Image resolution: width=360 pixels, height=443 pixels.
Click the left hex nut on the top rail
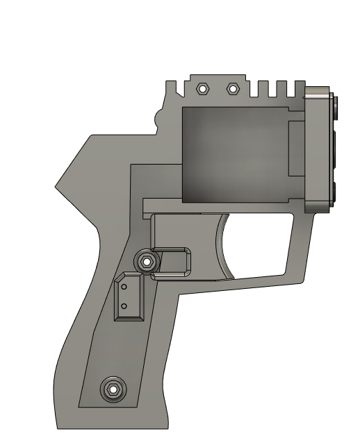pos(203,89)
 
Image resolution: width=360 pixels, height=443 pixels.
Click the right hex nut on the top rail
pos(234,89)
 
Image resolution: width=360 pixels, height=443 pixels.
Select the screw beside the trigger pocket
pos(146,262)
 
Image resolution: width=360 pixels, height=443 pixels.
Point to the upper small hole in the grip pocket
pos(124,286)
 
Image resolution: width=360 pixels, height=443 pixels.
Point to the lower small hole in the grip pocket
pos(124,305)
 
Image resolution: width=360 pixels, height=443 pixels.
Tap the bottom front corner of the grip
pos(167,425)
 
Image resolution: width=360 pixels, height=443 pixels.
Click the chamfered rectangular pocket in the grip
pos(129,296)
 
